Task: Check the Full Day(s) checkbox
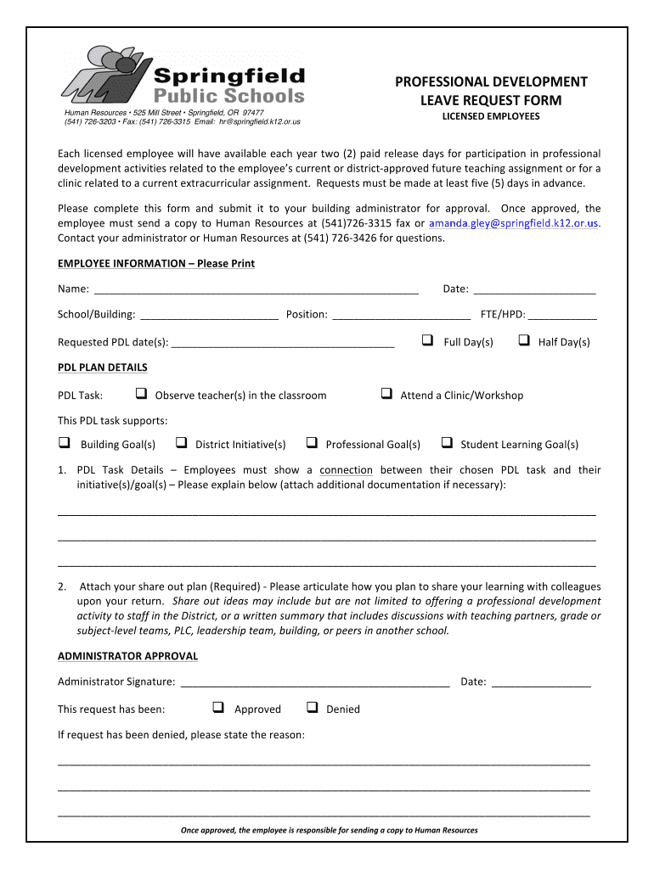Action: (x=427, y=340)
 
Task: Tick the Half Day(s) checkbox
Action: (x=523, y=340)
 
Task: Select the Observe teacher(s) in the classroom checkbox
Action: (x=141, y=394)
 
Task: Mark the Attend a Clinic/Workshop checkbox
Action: (x=386, y=394)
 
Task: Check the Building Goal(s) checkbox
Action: (x=64, y=443)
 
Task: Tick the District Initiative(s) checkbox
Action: (x=181, y=443)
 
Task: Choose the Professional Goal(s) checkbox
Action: (x=312, y=443)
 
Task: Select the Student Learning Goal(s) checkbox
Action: (x=446, y=443)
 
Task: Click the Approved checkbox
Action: (x=217, y=708)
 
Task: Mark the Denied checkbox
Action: (x=312, y=708)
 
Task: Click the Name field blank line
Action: (x=256, y=289)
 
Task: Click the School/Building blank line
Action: (x=209, y=315)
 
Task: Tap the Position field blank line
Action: (x=402, y=315)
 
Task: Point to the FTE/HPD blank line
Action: (x=561, y=315)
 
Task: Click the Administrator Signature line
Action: (x=315, y=681)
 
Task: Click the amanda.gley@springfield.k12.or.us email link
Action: (x=514, y=223)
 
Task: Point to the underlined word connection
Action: (x=346, y=470)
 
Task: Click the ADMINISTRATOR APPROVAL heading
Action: (x=127, y=656)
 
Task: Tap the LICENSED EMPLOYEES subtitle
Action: (x=491, y=116)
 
